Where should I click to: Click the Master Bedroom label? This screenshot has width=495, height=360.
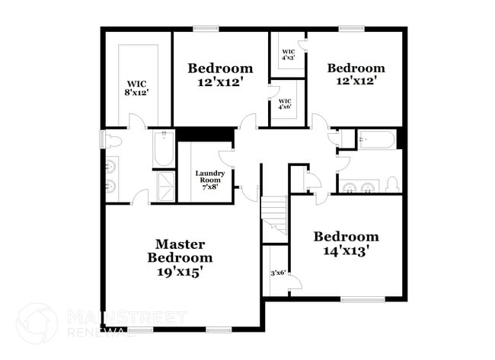pos(180,256)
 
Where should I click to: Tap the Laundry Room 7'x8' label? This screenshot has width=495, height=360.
pos(209,180)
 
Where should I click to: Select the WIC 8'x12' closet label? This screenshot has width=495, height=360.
pos(137,88)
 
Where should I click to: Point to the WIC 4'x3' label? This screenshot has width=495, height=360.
pos(288,54)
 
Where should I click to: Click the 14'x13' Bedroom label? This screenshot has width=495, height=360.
pos(346,243)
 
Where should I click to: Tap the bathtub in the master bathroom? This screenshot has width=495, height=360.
pos(163,149)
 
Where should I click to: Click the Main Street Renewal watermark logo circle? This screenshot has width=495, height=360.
pos(37,323)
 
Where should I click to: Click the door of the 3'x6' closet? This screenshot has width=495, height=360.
pos(295,282)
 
